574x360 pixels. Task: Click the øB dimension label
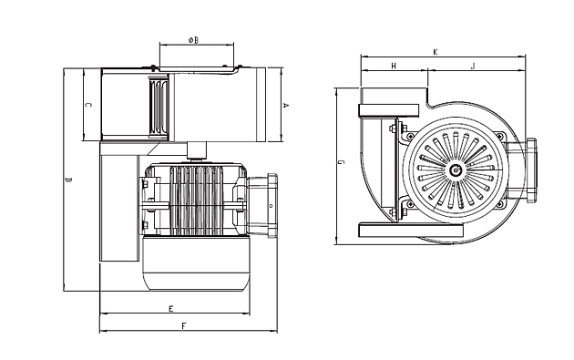(194, 40)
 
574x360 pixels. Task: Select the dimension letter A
(286, 106)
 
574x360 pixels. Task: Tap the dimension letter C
(88, 105)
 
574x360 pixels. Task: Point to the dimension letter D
(68, 180)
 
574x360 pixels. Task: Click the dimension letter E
(170, 309)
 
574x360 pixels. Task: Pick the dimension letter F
(184, 325)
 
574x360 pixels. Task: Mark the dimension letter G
(341, 162)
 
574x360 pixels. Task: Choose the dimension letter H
(394, 66)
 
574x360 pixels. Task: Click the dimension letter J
(473, 66)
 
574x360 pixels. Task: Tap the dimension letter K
(436, 52)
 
